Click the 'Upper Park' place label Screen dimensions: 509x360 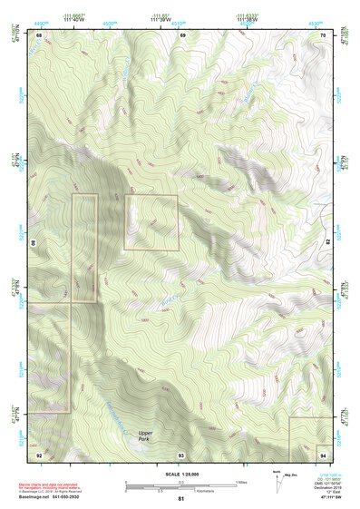click(145, 436)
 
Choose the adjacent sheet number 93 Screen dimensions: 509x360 click(181, 454)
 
